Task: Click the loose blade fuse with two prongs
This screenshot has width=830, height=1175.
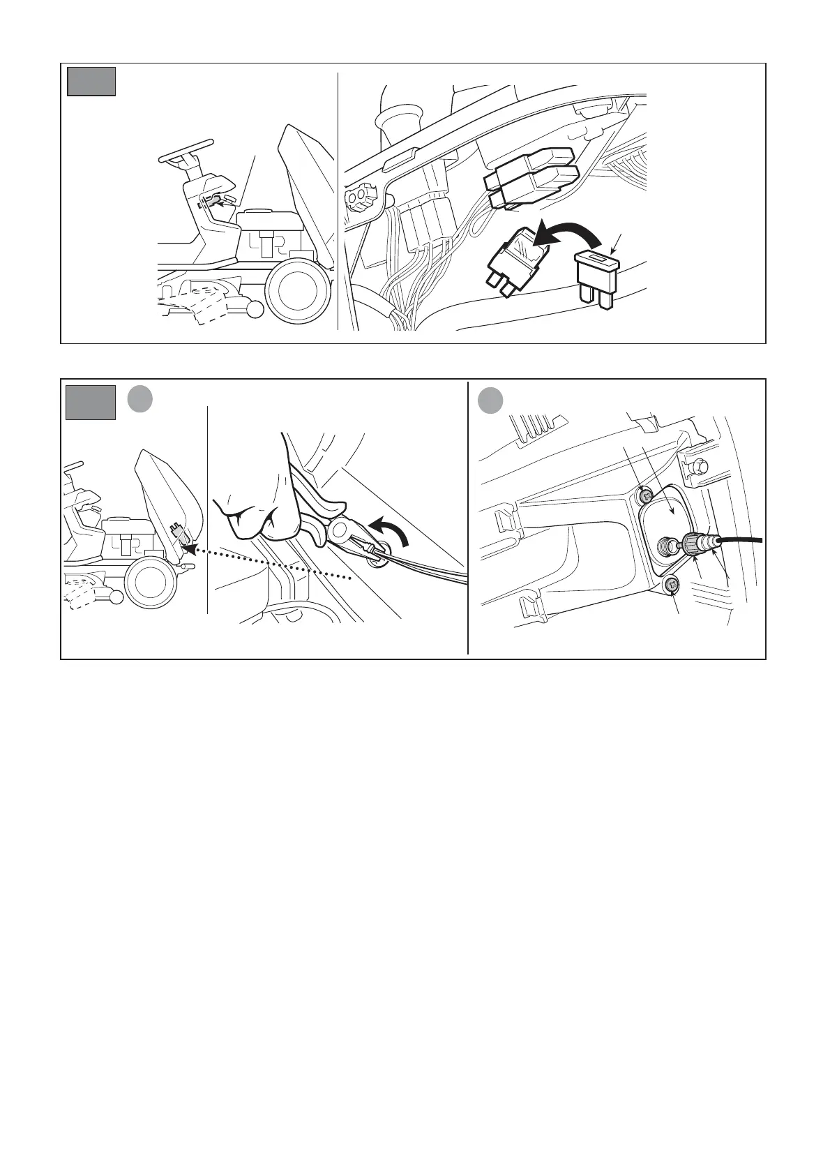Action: [597, 279]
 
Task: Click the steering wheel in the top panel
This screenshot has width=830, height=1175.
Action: [185, 151]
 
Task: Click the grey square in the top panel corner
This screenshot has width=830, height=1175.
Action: [91, 81]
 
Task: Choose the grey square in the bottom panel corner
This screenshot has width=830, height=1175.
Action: [91, 403]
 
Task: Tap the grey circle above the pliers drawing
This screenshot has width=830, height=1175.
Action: [140, 399]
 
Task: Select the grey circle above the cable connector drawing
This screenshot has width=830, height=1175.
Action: [491, 401]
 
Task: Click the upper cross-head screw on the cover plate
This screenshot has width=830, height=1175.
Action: [647, 496]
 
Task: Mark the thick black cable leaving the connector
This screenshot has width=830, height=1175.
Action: [743, 539]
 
